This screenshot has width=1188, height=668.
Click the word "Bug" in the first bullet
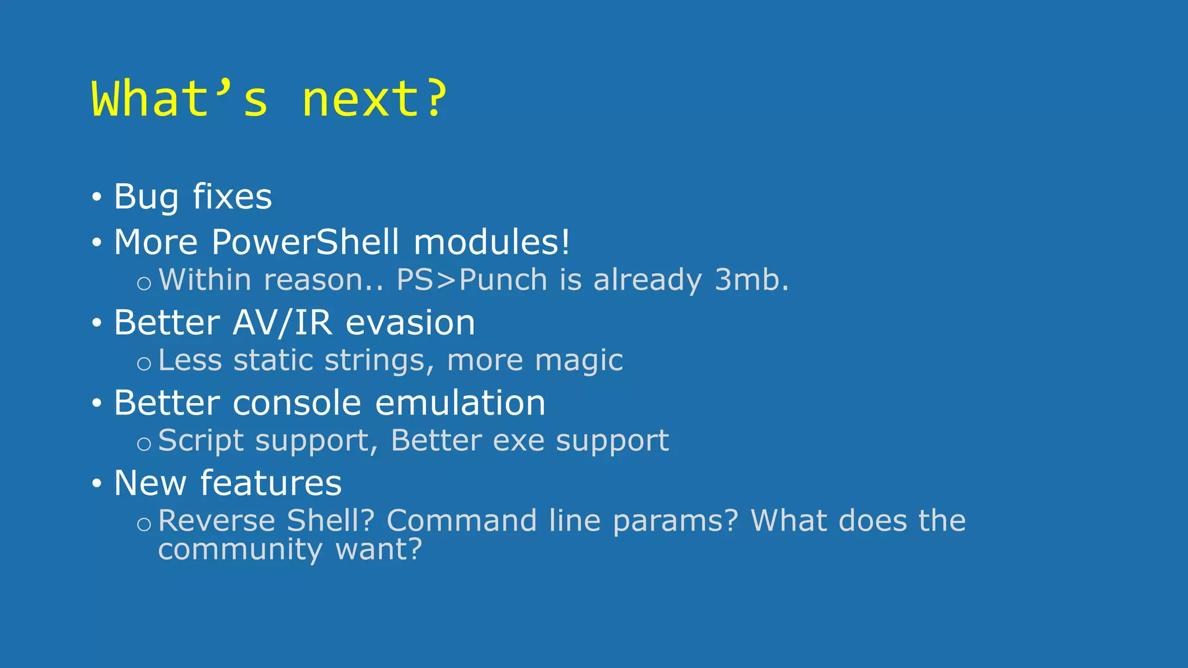(x=146, y=197)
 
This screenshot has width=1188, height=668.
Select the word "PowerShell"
(x=305, y=242)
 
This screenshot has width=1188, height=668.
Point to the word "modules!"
(x=492, y=242)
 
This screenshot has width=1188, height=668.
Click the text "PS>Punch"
(x=472, y=280)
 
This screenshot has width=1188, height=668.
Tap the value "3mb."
(x=751, y=280)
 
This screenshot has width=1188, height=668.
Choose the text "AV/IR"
(x=282, y=322)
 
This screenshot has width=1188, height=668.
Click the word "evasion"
(x=410, y=322)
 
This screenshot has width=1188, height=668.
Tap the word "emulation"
(x=460, y=402)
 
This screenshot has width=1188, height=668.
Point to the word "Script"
(x=201, y=441)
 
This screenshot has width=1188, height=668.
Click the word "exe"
(x=519, y=441)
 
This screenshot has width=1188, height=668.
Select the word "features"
(x=271, y=483)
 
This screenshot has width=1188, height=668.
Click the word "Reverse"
(x=217, y=520)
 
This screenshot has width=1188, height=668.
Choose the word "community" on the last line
(x=240, y=549)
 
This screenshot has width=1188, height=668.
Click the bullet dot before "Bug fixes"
(x=97, y=197)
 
